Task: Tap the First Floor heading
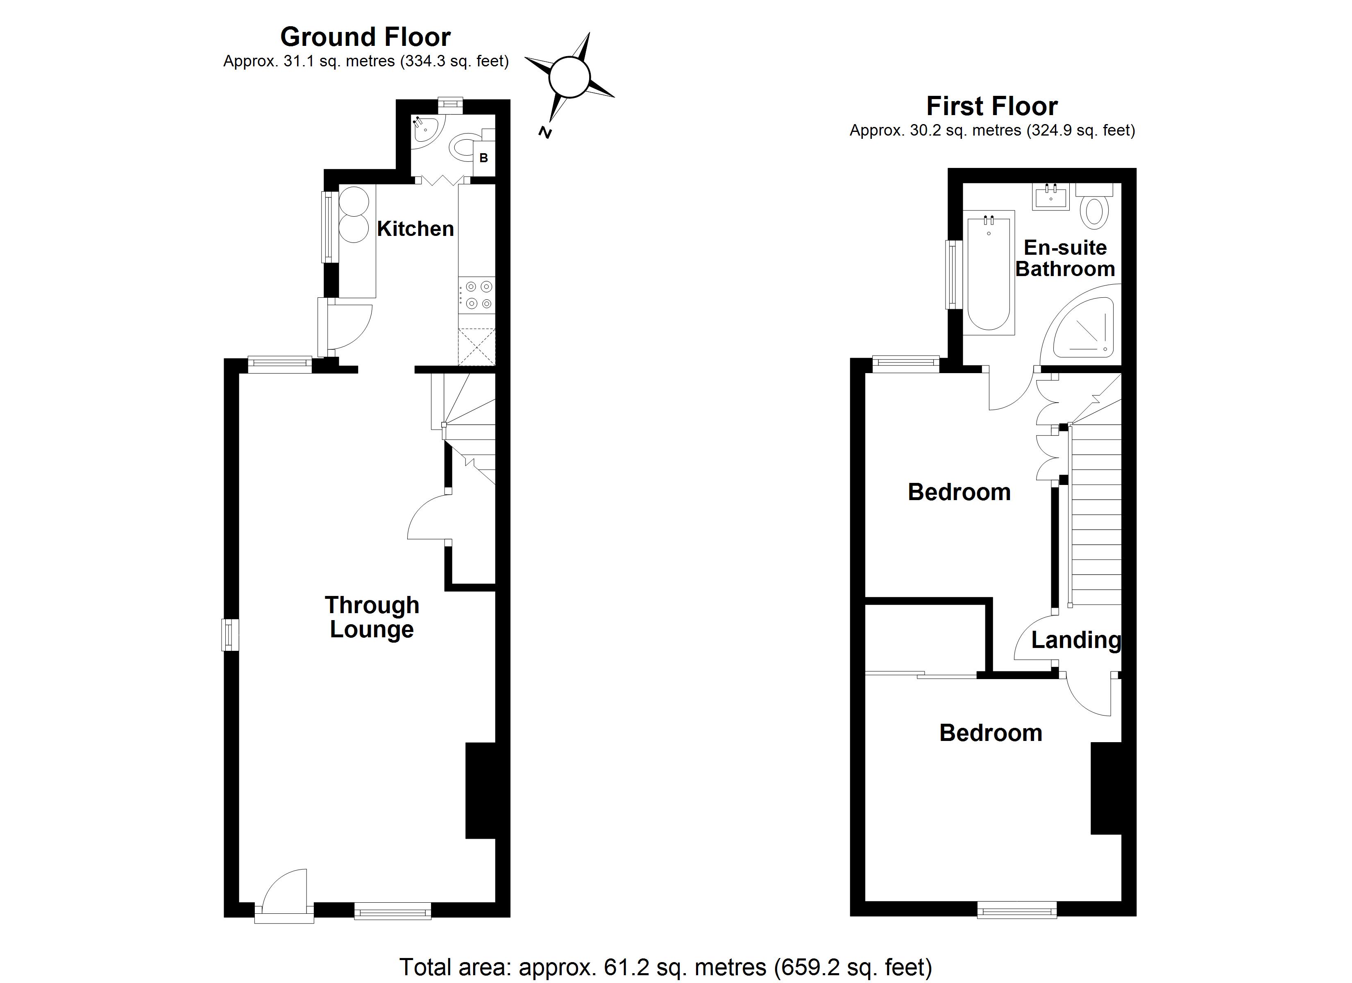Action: tap(991, 106)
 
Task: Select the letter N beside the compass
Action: tap(544, 132)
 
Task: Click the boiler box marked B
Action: tap(483, 158)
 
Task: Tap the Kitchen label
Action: tap(415, 229)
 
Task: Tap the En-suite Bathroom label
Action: tap(1065, 258)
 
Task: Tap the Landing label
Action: tap(1075, 640)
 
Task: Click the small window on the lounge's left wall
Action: tap(230, 635)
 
